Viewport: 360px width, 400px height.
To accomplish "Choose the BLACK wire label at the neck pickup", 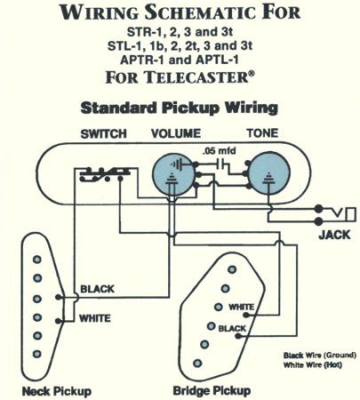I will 96,290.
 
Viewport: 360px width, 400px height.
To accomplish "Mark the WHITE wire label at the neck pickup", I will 96,316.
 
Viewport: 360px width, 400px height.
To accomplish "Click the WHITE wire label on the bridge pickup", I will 241,307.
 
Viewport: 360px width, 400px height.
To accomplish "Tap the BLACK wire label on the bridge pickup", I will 232,329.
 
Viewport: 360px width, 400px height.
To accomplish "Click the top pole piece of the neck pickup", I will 36,260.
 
